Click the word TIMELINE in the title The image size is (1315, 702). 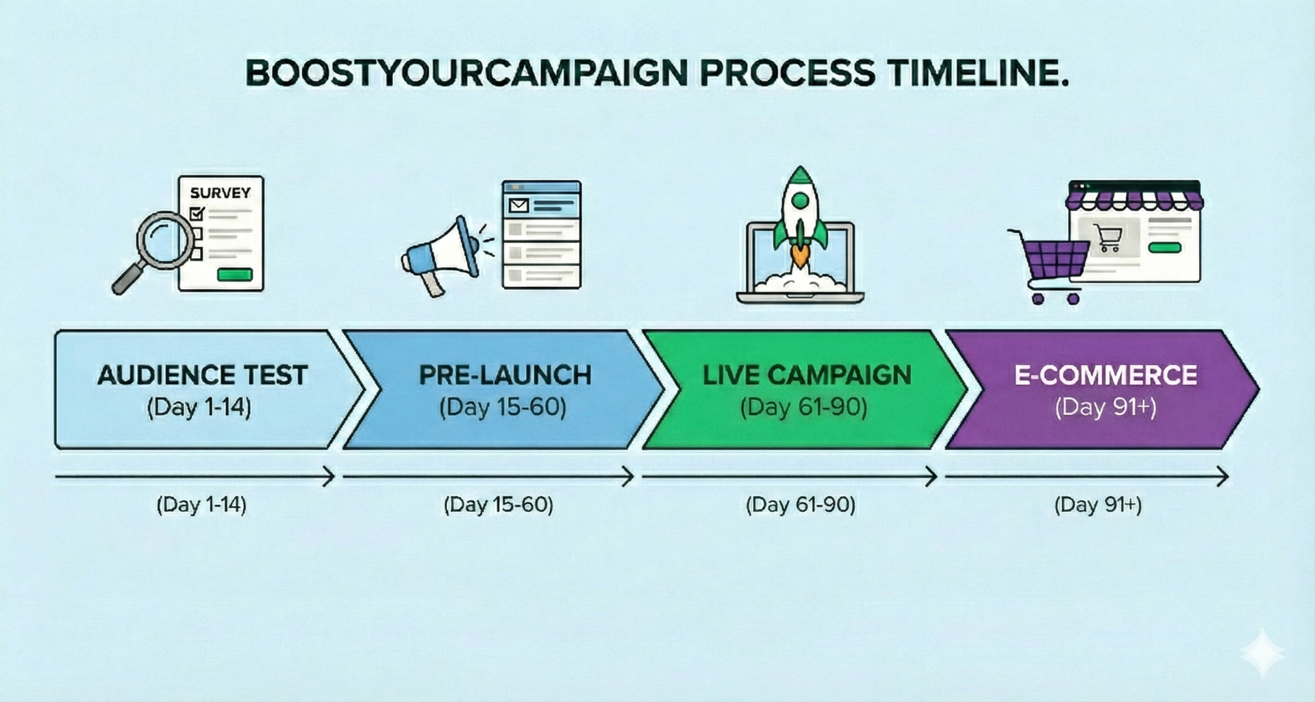point(977,73)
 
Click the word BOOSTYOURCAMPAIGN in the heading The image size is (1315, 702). point(466,73)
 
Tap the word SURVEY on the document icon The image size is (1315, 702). point(220,193)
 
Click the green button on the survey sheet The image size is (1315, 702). point(234,275)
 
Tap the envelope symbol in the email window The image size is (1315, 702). point(518,205)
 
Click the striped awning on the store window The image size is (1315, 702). point(1134,199)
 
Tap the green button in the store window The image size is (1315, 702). point(1164,248)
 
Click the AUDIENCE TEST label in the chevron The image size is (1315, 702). point(203,375)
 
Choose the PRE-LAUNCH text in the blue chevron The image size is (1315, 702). point(505,375)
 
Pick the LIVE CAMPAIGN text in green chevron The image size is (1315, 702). point(807,375)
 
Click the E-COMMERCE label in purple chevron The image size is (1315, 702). point(1105,375)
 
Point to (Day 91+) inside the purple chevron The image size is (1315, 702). point(1105,408)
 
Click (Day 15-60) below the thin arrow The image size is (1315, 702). point(498,505)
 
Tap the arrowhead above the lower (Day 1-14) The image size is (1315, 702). point(329,476)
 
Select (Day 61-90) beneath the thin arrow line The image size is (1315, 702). point(800,505)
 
